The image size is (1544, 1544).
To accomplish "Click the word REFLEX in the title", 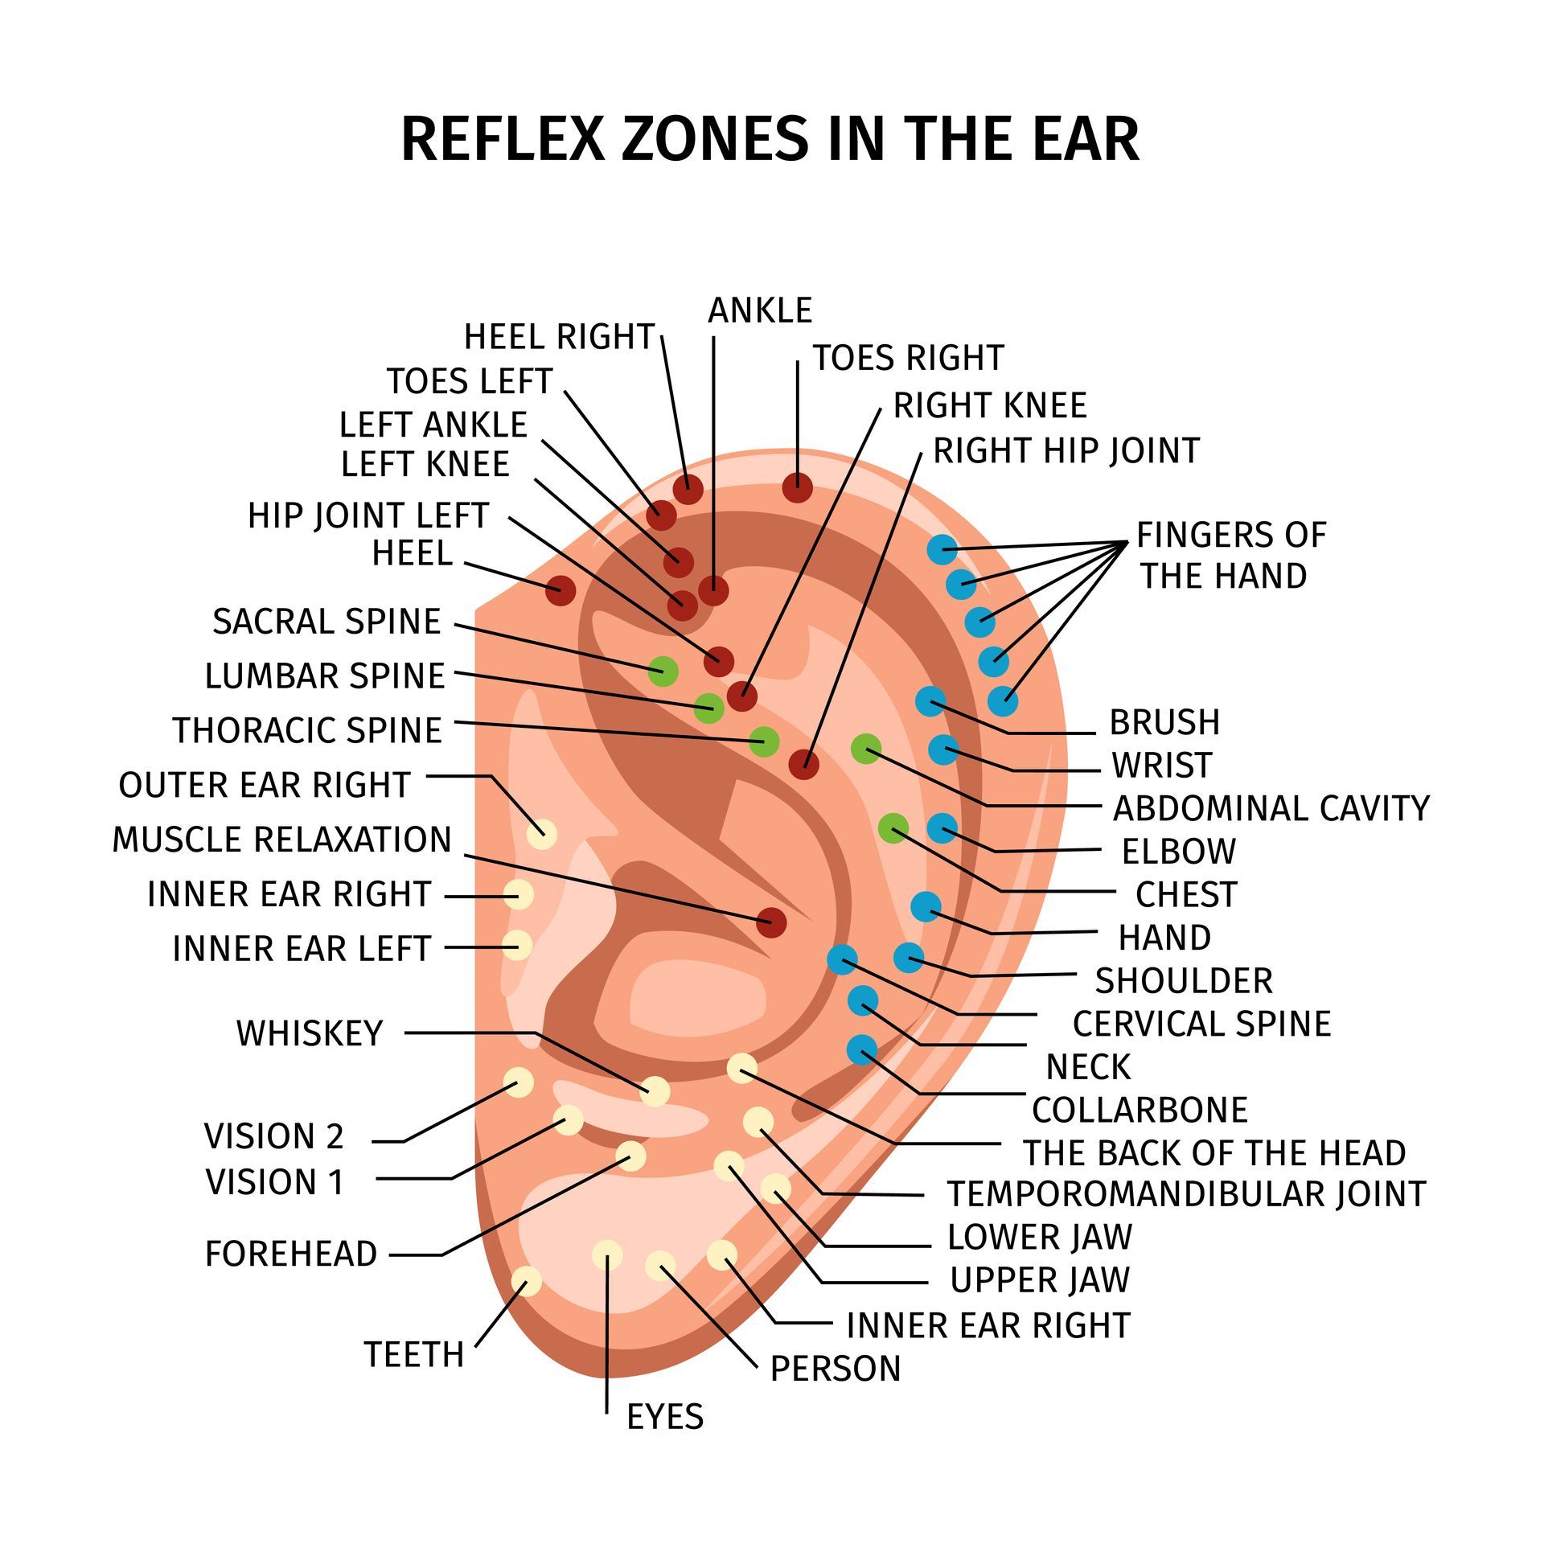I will (502, 139).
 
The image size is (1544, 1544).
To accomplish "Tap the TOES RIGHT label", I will (908, 358).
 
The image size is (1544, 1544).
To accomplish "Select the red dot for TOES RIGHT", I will (797, 487).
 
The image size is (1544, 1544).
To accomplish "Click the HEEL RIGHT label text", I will (559, 337).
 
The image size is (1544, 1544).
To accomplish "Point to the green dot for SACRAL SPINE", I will (663, 670).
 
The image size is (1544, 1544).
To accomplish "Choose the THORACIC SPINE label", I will (307, 730).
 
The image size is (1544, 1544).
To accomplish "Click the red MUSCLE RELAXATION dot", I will (771, 922).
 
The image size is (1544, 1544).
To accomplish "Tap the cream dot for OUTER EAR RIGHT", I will (541, 834).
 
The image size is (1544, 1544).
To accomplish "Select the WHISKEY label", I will (310, 1033).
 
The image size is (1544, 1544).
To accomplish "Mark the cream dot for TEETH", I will (527, 1281).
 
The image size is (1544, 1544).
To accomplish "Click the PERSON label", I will (836, 1368).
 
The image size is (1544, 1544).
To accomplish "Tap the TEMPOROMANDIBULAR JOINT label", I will (1186, 1194).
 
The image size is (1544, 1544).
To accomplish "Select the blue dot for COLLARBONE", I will (862, 1049).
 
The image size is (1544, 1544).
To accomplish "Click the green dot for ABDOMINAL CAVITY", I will (866, 749).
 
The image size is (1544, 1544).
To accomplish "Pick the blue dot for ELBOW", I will (942, 827).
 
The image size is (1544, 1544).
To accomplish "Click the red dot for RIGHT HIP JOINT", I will (803, 764).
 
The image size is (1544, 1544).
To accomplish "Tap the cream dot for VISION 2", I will (518, 1082).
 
